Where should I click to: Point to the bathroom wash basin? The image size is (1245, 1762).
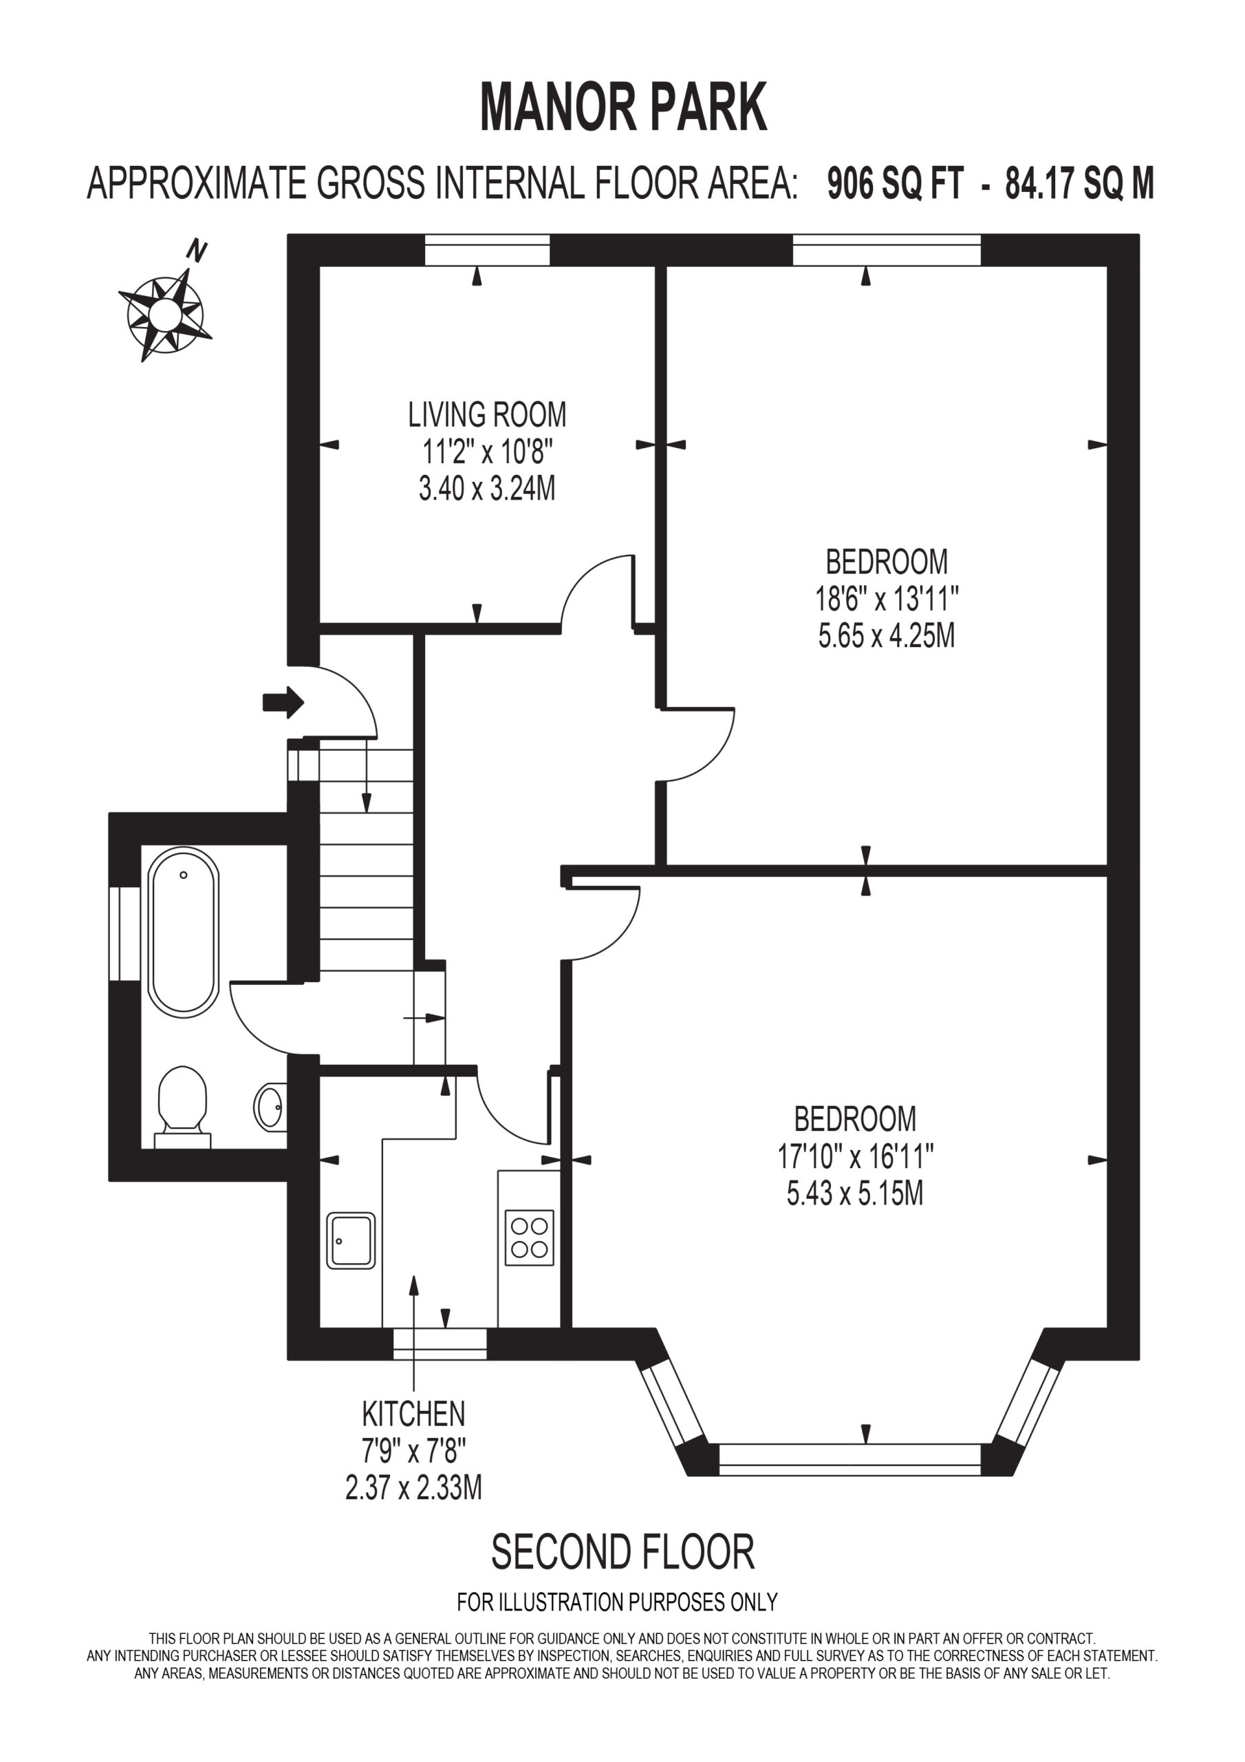tap(271, 1106)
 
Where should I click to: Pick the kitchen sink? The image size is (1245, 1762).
tap(351, 1240)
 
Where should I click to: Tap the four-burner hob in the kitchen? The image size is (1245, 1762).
tap(530, 1238)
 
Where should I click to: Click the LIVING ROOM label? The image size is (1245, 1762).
tap(487, 414)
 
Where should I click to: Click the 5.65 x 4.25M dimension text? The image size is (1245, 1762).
tap(886, 635)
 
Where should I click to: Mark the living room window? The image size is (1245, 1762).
tap(487, 250)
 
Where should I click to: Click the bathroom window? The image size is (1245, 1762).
tap(124, 933)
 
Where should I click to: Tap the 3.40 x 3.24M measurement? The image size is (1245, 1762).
tap(487, 488)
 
